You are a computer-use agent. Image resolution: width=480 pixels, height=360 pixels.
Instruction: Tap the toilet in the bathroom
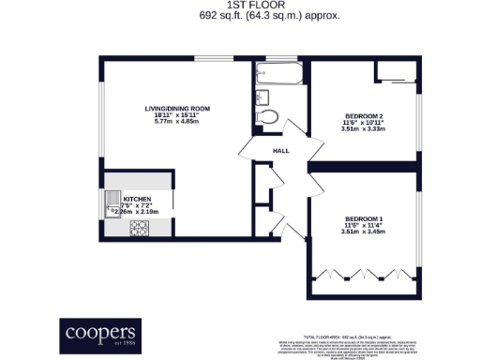(270, 116)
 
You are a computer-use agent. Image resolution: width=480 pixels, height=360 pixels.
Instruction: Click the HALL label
(280, 151)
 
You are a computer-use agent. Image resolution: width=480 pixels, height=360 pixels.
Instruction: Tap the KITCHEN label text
(138, 200)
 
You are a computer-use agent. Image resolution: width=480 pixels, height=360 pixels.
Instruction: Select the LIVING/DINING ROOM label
(176, 109)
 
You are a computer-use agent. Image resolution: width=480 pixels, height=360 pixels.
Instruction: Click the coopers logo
(100, 334)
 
